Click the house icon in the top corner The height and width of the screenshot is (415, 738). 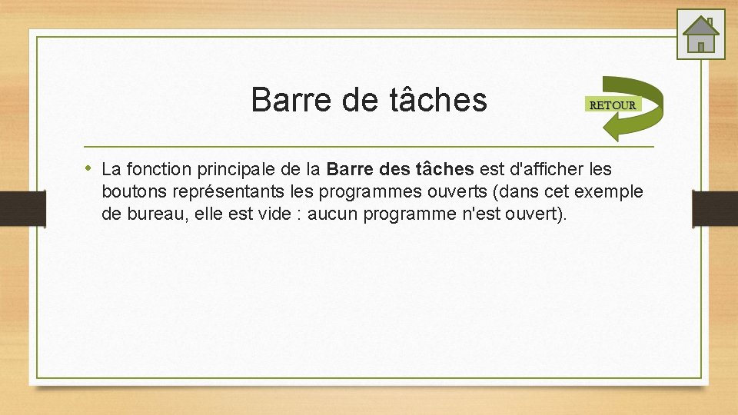pyautogui.click(x=700, y=34)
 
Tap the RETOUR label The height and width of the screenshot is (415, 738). pyautogui.click(x=612, y=105)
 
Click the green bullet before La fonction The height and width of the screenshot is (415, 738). pyautogui.click(x=89, y=167)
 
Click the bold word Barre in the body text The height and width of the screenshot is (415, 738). pyautogui.click(x=350, y=168)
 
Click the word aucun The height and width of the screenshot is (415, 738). pyautogui.click(x=333, y=214)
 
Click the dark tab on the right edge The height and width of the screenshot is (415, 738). pyautogui.click(x=714, y=207)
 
